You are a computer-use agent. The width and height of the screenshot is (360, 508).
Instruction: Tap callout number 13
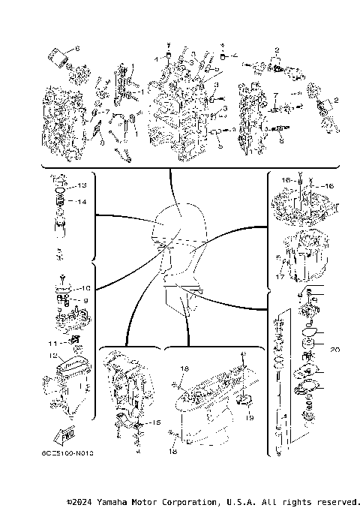tap(82, 185)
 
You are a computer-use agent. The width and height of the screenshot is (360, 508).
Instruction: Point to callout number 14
tap(82, 202)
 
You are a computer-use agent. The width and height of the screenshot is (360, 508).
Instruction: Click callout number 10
tap(85, 288)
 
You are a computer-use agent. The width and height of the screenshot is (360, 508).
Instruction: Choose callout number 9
tap(85, 300)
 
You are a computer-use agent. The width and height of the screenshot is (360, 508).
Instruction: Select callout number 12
tap(54, 356)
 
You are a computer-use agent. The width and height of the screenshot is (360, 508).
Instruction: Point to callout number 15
tap(156, 423)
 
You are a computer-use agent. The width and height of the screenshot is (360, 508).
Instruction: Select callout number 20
tap(334, 350)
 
